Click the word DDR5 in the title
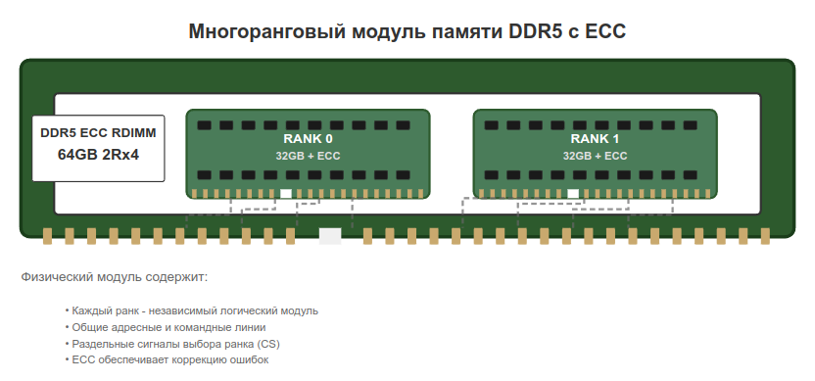[x=535, y=31]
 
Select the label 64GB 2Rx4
[x=98, y=154]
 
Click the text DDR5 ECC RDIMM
[x=98, y=131]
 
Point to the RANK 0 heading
[x=308, y=138]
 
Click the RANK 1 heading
[x=596, y=138]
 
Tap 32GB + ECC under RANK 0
[x=308, y=156]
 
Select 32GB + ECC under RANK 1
[x=596, y=156]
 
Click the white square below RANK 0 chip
[x=286, y=193]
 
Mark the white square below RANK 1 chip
[x=574, y=193]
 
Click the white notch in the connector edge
[x=330, y=236]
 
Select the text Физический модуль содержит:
[x=115, y=277]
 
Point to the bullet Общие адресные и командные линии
[x=168, y=327]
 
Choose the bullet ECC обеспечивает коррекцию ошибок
[x=169, y=359]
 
